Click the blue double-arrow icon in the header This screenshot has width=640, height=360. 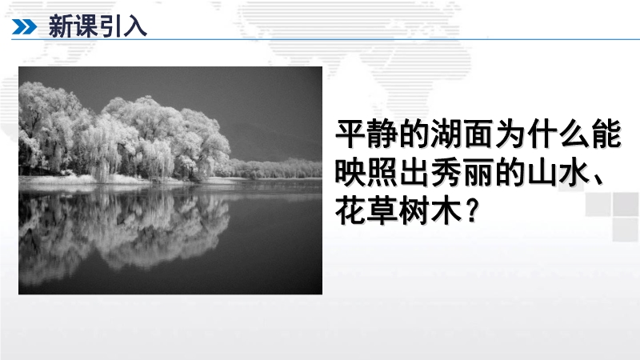(24, 27)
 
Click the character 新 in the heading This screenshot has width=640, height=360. (61, 26)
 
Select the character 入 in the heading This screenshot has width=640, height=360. (135, 26)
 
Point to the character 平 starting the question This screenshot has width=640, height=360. (350, 133)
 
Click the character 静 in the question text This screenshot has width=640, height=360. (382, 133)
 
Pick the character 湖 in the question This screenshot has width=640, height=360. (446, 133)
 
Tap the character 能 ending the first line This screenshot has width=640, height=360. (607, 133)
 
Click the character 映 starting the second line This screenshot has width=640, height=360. (350, 172)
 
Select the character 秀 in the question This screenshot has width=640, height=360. (446, 172)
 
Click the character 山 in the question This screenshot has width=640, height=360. (543, 172)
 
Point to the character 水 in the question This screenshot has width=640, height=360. (574, 172)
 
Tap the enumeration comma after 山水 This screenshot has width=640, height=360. (599, 179)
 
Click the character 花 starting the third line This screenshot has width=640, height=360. (350, 210)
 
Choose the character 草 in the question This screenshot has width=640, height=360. (382, 210)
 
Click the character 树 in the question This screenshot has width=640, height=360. (414, 210)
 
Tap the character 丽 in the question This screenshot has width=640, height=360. (478, 172)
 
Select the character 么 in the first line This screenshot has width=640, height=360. (574, 133)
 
